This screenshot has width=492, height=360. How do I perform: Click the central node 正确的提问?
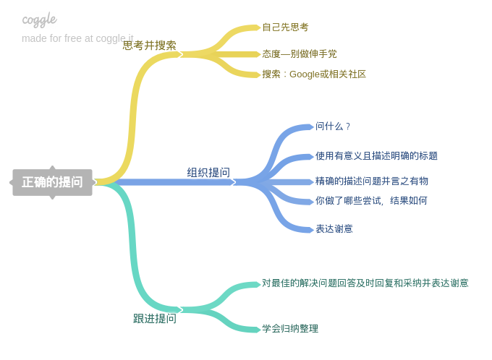tap(52, 182)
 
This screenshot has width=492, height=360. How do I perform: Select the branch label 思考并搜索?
tap(149, 45)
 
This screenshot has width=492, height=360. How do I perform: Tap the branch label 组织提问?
tap(208, 172)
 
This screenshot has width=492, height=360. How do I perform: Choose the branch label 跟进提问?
tap(154, 318)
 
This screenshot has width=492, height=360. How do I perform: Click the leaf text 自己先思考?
tap(285, 27)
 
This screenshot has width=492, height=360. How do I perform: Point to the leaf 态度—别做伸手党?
tap(299, 53)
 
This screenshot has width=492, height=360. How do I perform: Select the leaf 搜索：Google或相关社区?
tap(314, 74)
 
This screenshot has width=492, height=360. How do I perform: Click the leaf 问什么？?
tap(332, 127)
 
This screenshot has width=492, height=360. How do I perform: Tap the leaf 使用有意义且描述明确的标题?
tap(376, 155)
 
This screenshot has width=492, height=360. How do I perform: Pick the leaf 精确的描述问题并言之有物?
tap(371, 181)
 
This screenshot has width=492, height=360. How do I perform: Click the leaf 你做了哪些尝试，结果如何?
tap(371, 200)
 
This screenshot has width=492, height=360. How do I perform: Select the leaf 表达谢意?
tap(334, 228)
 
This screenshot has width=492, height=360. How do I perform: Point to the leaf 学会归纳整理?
tap(289, 329)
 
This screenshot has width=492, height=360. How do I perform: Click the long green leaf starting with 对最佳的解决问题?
tap(365, 283)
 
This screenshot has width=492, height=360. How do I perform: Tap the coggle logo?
tap(39, 20)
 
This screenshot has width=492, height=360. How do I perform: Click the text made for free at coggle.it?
tap(77, 38)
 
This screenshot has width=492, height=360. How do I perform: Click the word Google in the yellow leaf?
tap(304, 74)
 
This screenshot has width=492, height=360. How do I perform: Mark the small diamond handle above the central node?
tap(52, 168)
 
